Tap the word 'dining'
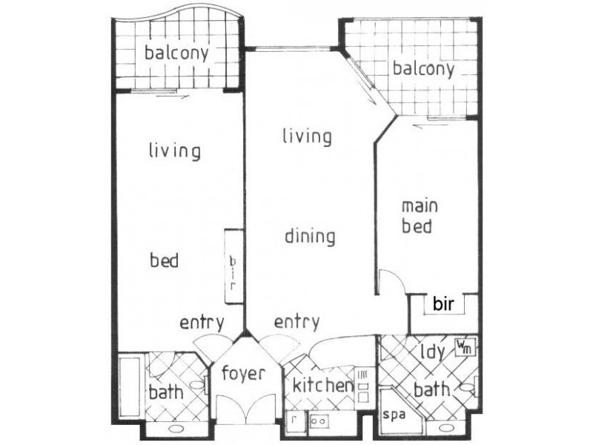(310, 237)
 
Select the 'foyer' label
(242, 374)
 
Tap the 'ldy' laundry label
(431, 351)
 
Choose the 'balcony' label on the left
(176, 53)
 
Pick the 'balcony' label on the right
(423, 70)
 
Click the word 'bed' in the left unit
(164, 261)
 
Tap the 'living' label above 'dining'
(306, 136)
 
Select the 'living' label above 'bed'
(174, 151)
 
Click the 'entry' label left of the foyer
(202, 323)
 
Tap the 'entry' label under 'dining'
(296, 322)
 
